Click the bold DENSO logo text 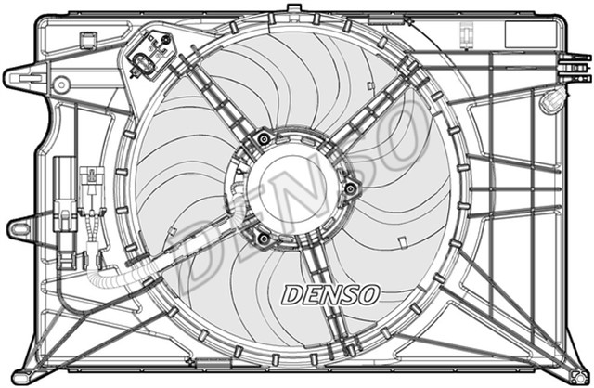coord(330,294)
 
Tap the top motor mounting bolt coord(264,139)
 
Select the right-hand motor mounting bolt coord(350,189)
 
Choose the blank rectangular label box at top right coord(528,34)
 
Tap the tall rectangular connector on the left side coord(65,190)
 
